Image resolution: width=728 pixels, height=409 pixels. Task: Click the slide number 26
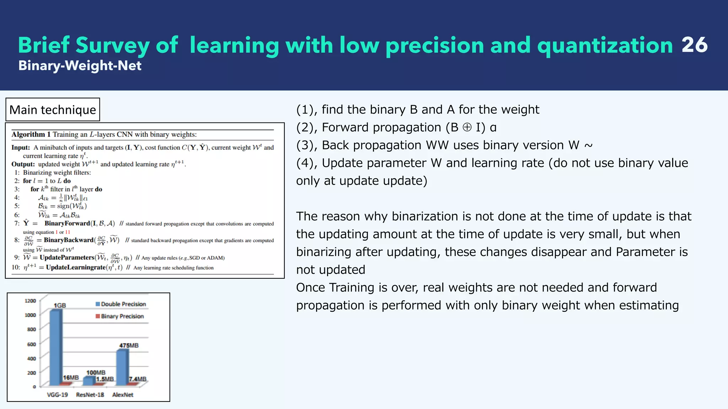coord(694,45)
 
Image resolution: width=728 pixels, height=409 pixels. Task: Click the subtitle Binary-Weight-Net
coord(80,66)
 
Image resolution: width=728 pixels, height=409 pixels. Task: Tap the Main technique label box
coord(53,110)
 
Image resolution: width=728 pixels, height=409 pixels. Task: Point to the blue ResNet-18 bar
coord(89,381)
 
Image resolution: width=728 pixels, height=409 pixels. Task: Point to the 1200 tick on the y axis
coord(31,301)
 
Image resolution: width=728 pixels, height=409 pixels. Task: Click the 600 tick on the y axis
coord(31,344)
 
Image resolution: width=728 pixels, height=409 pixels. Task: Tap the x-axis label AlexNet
coord(123,395)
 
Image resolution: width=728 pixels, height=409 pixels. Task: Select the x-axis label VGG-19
coord(57,395)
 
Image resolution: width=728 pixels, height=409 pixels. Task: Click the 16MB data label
coord(71,377)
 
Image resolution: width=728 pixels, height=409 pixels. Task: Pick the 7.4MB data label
coord(138,379)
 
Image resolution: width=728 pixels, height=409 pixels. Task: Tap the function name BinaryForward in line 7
coord(67,223)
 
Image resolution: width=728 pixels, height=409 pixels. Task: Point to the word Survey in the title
coord(112,45)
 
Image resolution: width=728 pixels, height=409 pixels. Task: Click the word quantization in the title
coord(605,45)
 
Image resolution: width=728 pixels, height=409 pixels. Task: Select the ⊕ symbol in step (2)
coord(467,127)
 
